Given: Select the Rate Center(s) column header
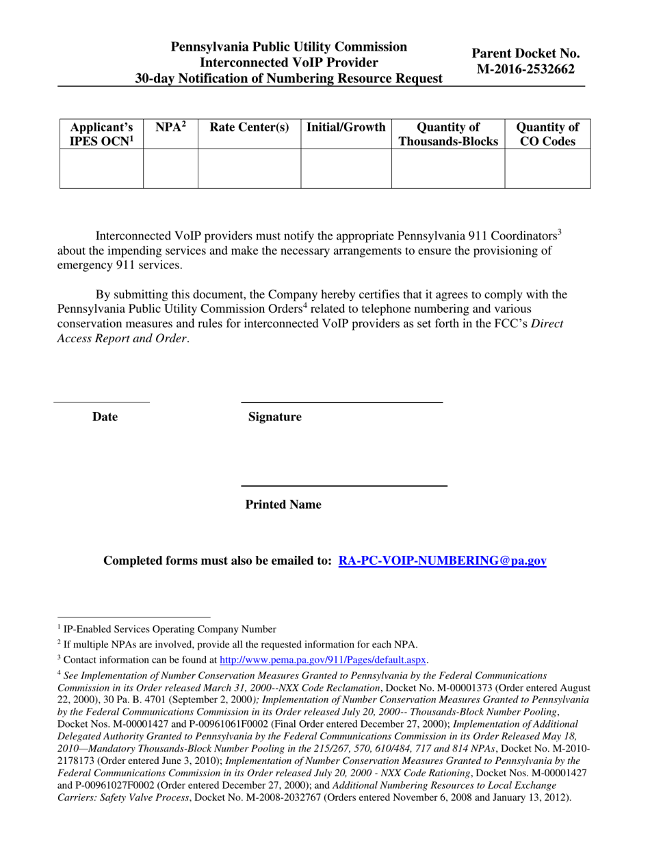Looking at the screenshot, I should click(x=249, y=128).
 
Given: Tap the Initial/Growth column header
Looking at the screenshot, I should click(x=346, y=127).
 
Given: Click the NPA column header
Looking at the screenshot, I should click(x=170, y=127).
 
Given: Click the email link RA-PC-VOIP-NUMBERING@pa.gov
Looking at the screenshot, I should click(x=442, y=561).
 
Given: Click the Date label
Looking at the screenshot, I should click(x=105, y=417).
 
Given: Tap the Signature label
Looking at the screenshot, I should click(x=274, y=417).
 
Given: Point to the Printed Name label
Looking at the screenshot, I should click(x=283, y=505).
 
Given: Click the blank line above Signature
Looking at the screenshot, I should click(x=341, y=401).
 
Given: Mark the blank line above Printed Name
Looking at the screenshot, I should click(x=344, y=485).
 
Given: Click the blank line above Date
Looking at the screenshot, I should click(x=101, y=401).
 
